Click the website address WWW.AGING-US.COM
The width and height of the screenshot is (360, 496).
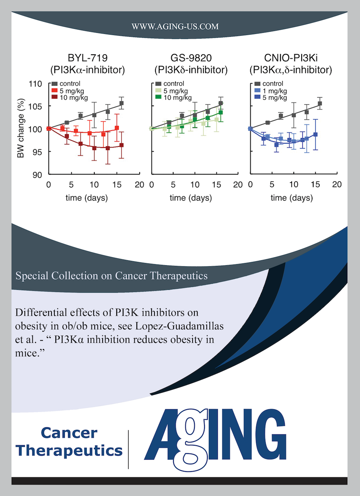click(x=175, y=27)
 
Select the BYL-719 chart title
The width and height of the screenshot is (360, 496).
click(x=87, y=58)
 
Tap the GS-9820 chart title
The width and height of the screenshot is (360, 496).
click(x=191, y=58)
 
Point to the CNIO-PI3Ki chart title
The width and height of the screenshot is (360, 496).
click(x=291, y=58)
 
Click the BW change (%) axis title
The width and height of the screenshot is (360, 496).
click(x=21, y=128)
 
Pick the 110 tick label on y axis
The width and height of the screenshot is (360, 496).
click(x=35, y=84)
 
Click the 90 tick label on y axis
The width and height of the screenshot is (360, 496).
click(x=37, y=175)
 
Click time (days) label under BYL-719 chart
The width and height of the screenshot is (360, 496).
click(x=87, y=198)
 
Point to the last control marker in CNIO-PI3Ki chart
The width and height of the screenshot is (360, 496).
click(x=320, y=104)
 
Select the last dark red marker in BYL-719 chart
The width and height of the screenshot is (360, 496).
click(x=121, y=145)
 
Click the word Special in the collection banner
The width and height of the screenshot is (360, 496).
click(x=32, y=276)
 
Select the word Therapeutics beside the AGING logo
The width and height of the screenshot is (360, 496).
click(x=69, y=451)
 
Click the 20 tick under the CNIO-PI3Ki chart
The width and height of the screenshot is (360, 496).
click(x=337, y=185)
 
